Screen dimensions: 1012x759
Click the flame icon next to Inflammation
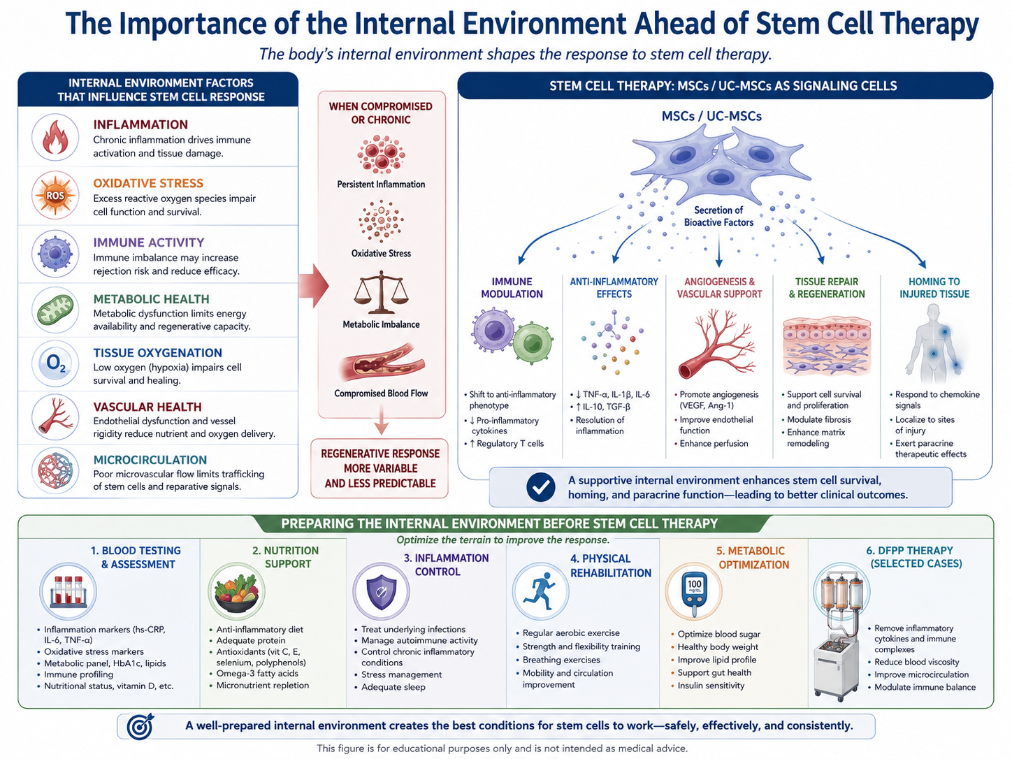55,137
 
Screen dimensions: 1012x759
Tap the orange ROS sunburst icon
55,196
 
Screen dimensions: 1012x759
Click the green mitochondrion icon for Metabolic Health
55,310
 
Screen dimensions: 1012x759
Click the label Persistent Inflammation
381,185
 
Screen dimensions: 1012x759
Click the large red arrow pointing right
314,286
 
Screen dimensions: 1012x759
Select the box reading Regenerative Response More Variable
379,468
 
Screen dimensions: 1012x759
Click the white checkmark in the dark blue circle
541,487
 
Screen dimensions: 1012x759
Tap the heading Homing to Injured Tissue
934,287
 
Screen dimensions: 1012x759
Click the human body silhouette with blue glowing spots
934,345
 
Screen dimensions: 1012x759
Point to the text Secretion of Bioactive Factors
718,216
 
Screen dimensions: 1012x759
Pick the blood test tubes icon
68,591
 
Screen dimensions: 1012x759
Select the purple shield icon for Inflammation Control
381,592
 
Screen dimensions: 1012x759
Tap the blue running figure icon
540,591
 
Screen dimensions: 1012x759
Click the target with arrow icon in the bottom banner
140,726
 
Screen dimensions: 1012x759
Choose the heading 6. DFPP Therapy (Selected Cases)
916,557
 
